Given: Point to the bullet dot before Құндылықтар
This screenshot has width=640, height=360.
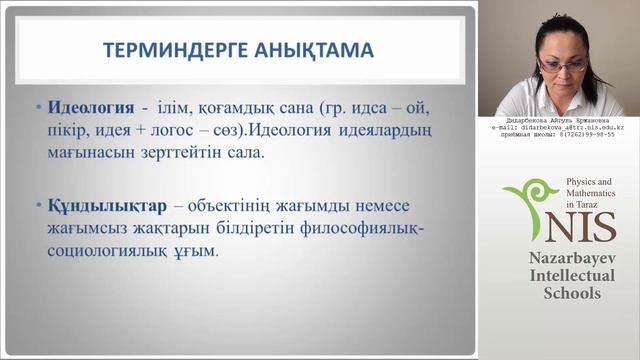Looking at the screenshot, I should pyautogui.click(x=38, y=205).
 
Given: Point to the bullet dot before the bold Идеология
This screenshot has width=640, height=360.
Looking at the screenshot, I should pyautogui.click(x=38, y=107).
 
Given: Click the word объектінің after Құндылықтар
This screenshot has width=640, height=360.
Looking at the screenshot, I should pyautogui.click(x=222, y=204).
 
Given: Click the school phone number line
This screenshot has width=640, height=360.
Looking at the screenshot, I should pyautogui.click(x=560, y=135).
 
